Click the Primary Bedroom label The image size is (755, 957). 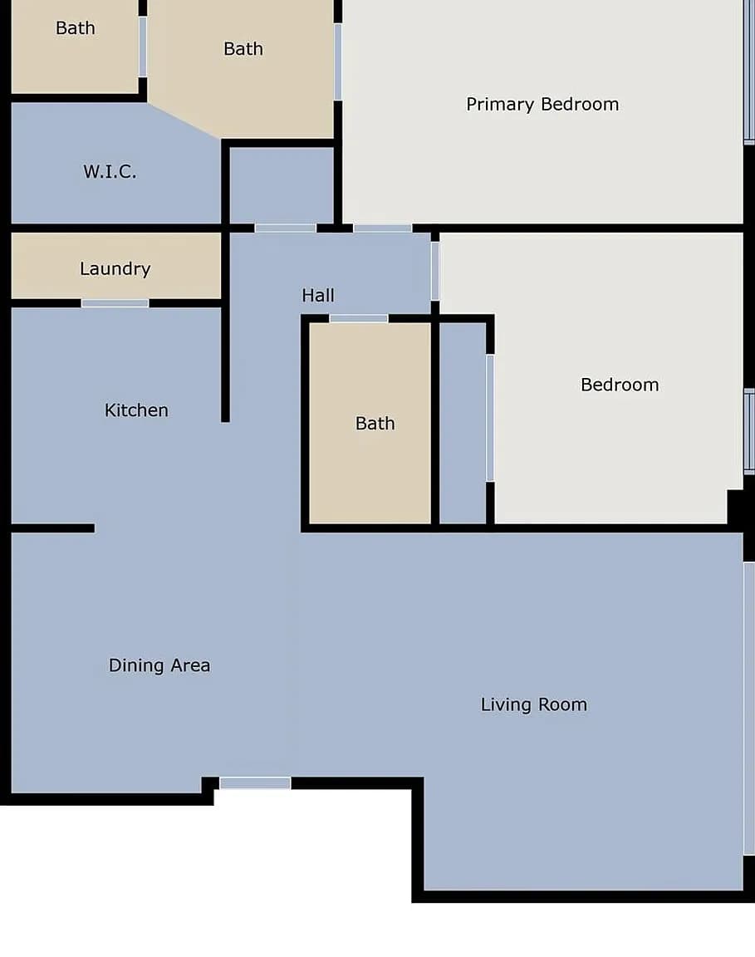click(x=542, y=105)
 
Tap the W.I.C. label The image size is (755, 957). click(x=110, y=171)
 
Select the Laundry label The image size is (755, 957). click(x=115, y=268)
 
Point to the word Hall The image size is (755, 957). click(x=318, y=296)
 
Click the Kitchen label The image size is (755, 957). click(x=136, y=410)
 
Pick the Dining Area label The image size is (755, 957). click(x=159, y=665)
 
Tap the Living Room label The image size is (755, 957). click(x=533, y=705)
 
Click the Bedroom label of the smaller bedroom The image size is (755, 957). click(x=620, y=385)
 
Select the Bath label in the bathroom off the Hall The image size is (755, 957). click(x=375, y=424)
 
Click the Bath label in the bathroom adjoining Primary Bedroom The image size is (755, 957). click(x=243, y=49)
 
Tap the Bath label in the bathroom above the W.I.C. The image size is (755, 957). click(x=75, y=28)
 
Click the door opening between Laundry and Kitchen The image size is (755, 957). click(x=115, y=303)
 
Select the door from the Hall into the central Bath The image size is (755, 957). click(x=359, y=318)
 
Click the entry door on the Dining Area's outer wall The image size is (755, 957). click(x=255, y=783)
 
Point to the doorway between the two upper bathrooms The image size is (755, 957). click(x=142, y=47)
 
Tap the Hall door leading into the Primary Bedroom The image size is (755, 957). click(x=383, y=228)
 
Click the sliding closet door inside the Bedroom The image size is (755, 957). click(x=490, y=418)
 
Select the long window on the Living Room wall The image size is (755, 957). click(x=749, y=708)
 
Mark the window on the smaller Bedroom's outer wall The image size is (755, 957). click(x=749, y=431)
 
